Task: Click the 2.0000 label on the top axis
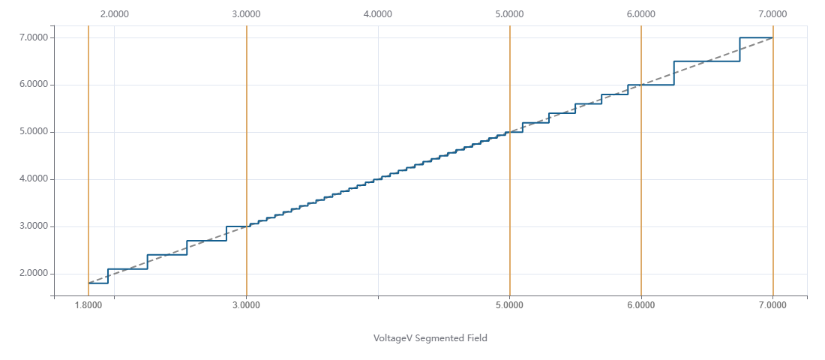tap(114, 13)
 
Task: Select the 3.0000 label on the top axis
tap(246, 13)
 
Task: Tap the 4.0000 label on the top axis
tap(377, 13)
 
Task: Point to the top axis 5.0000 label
tap(509, 13)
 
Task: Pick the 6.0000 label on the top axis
tap(640, 13)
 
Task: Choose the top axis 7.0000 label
tap(772, 13)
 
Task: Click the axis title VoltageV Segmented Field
tap(430, 338)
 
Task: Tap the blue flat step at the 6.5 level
tap(706, 61)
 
